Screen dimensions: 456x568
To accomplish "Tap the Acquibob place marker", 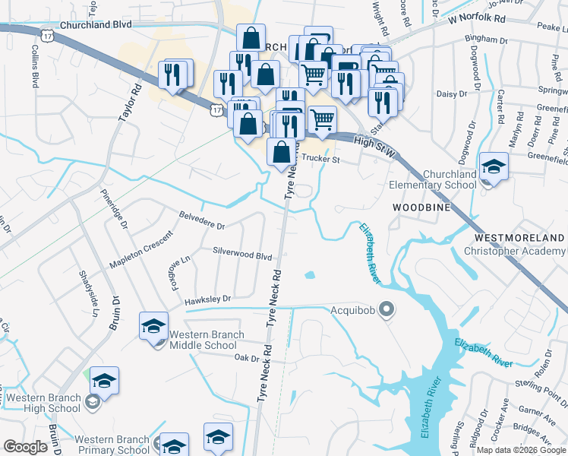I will (387, 309).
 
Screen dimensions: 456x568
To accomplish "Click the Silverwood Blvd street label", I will (242, 258).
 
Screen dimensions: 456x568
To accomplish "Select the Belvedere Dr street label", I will (201, 226).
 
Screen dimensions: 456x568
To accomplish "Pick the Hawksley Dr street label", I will (207, 300).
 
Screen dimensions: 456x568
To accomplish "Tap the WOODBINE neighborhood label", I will (421, 207).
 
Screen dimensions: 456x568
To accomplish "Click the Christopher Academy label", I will (514, 251).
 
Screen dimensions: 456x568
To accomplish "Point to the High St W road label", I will (375, 142).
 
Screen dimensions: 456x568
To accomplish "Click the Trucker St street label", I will (319, 160).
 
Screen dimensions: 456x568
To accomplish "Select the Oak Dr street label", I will (247, 357).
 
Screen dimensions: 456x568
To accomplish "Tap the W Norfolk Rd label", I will (476, 19).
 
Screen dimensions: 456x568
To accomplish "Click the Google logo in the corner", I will (26, 446).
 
